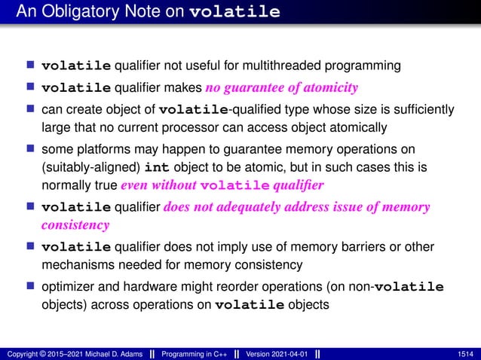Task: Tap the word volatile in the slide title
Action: tap(236, 13)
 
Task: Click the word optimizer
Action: tap(69, 287)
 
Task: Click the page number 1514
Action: tap(466, 353)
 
